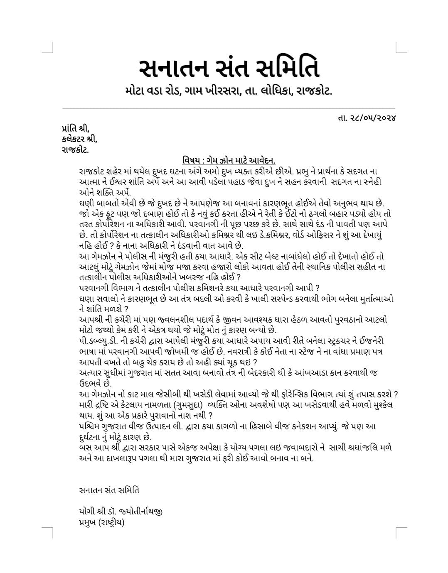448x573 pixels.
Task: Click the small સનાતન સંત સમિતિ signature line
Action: tap(109, 490)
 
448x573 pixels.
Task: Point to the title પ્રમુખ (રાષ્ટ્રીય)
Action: tap(101, 522)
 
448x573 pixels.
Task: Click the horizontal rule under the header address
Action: tap(229, 109)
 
